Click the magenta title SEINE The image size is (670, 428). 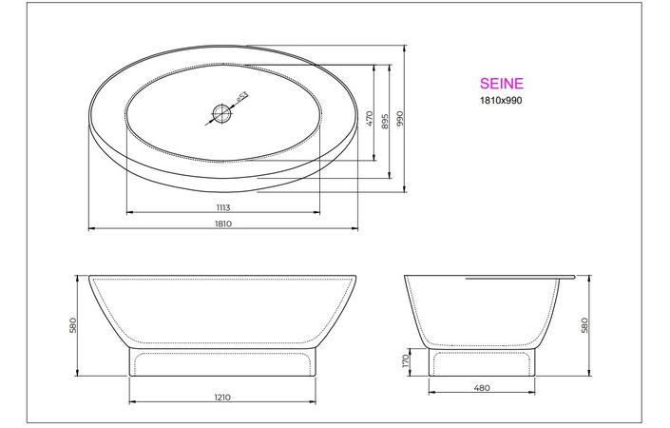click(x=501, y=85)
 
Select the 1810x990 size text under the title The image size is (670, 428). click(x=501, y=99)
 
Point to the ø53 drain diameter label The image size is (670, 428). click(x=241, y=96)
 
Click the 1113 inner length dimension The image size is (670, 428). click(x=223, y=206)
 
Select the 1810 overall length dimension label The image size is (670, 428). click(x=223, y=224)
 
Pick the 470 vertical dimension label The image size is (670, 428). click(x=370, y=118)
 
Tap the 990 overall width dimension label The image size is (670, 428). click(x=401, y=118)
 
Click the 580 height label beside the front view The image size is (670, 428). click(x=72, y=325)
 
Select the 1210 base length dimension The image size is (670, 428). click(x=223, y=397)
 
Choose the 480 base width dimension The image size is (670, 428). click(x=482, y=387)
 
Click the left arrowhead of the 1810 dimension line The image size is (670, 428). click(x=90, y=229)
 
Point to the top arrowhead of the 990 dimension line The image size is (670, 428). click(x=406, y=45)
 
